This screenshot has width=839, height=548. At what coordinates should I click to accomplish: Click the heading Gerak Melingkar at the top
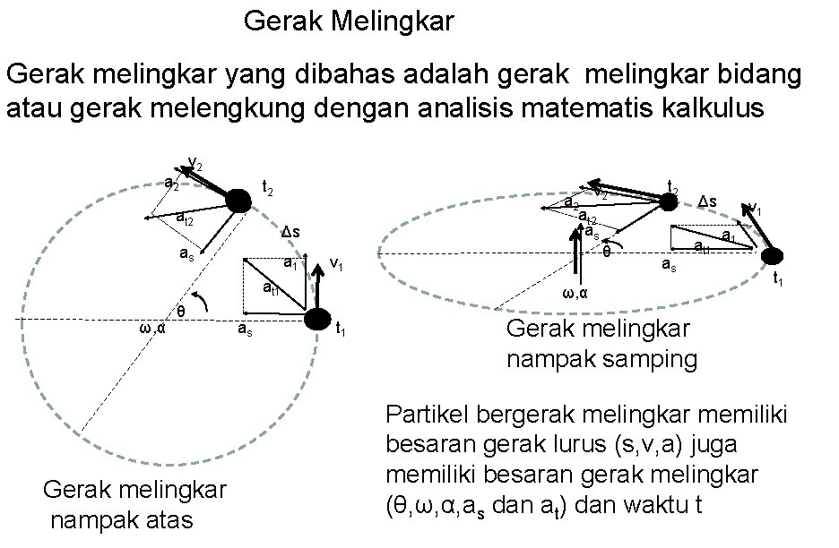[349, 21]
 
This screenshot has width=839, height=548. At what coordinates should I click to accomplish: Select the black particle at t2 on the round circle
[238, 201]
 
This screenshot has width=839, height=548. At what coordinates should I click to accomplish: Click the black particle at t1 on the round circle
[316, 319]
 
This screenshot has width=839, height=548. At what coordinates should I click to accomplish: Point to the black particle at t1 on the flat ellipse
[773, 257]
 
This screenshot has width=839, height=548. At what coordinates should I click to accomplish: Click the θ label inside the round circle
[180, 312]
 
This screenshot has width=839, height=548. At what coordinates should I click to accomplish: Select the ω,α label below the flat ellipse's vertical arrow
[575, 293]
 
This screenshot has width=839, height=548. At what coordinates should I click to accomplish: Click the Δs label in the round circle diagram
[290, 234]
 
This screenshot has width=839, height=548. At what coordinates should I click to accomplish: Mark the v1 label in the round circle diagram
[338, 265]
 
